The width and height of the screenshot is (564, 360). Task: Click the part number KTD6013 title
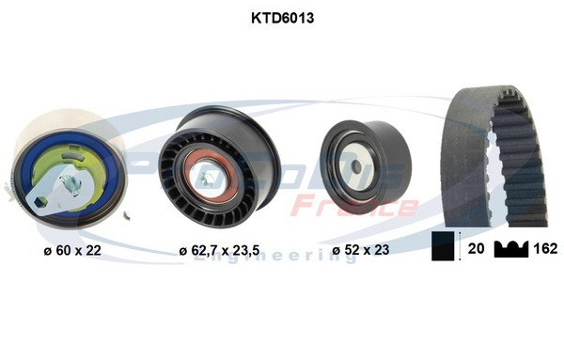click(x=281, y=18)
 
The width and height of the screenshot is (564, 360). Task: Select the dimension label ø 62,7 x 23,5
click(x=219, y=250)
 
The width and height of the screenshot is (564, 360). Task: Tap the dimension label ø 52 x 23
click(x=361, y=250)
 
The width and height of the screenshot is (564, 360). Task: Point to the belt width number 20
click(x=476, y=249)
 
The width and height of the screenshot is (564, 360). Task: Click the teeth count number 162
click(x=546, y=249)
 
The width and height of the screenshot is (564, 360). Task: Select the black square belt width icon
click(x=444, y=248)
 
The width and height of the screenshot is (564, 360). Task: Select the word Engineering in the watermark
click(x=273, y=256)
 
